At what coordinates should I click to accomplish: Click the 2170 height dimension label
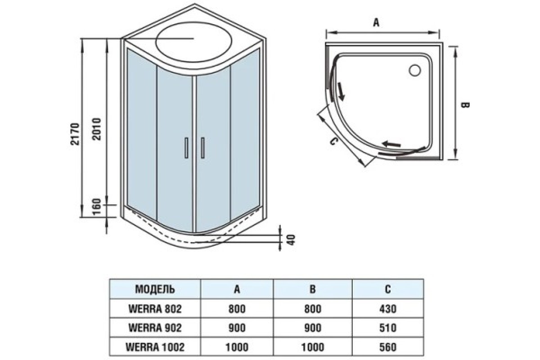[76, 134]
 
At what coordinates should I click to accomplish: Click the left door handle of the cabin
[185, 148]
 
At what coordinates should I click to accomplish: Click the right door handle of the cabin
[203, 148]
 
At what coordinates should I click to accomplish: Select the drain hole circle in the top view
[414, 70]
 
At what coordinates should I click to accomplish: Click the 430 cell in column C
[387, 309]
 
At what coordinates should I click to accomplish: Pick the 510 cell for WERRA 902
[387, 328]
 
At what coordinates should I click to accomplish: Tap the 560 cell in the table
[387, 347]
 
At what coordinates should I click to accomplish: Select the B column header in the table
[312, 289]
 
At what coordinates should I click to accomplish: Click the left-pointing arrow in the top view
[391, 144]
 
